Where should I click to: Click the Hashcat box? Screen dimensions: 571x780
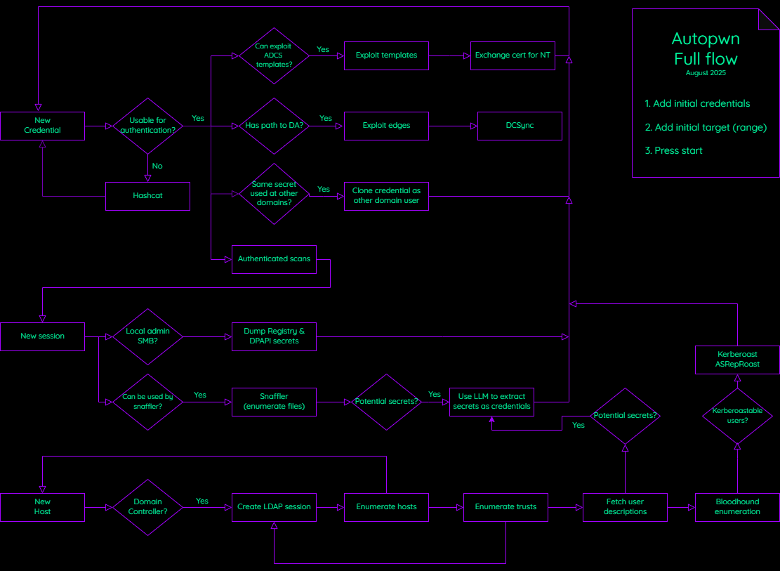147,196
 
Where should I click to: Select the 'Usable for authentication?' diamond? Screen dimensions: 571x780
147,126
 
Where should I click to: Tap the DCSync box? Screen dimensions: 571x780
520,126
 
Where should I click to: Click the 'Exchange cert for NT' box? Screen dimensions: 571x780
513,55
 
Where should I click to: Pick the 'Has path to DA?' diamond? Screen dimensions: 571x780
274,126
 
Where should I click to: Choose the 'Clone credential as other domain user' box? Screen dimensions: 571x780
386,196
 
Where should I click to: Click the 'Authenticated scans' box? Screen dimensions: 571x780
274,259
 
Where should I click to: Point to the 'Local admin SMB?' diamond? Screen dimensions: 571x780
147,336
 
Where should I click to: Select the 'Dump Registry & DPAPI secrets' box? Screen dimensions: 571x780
274,336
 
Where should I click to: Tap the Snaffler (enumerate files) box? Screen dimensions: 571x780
274,402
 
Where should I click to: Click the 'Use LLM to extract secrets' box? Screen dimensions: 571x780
491,402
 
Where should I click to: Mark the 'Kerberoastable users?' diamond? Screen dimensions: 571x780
737,416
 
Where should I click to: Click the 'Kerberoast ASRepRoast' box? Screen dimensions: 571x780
737,360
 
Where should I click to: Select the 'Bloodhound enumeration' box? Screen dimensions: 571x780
737,507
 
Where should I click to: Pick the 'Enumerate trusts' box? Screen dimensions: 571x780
505,507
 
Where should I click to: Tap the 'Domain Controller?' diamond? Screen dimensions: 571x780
147,507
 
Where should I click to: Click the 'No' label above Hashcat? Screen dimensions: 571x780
157,166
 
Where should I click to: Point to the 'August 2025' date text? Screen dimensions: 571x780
706,73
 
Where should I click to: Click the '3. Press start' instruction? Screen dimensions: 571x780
673,151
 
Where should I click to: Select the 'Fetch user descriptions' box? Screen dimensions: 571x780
625,507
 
